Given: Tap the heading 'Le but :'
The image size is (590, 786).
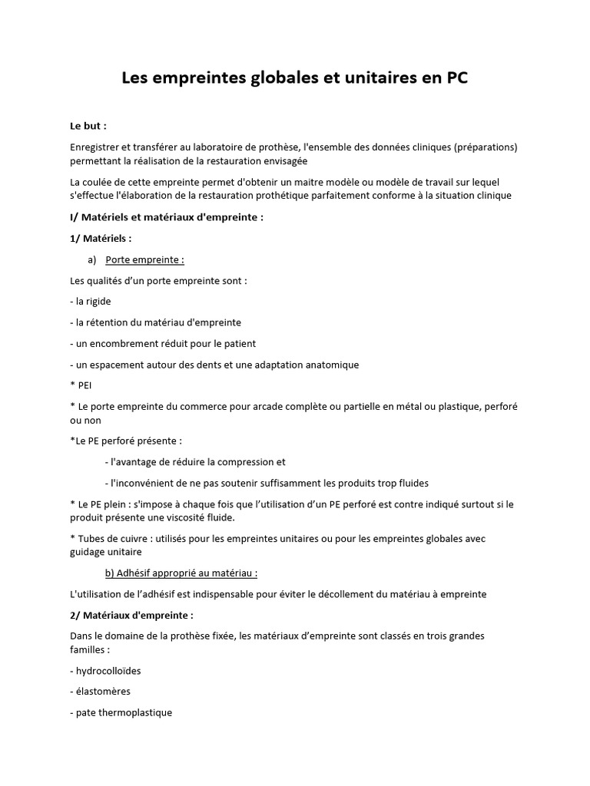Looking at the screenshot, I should tap(88, 126).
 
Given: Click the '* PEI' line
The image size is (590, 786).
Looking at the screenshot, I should tap(81, 385).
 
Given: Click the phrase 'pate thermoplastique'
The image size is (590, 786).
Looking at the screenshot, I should tap(123, 712).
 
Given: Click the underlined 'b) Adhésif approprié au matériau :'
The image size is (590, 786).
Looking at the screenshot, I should tap(181, 573).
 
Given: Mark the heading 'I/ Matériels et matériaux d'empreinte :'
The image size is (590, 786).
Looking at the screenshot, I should tap(167, 217).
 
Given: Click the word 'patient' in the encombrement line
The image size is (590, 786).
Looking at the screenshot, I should tap(239, 343).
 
